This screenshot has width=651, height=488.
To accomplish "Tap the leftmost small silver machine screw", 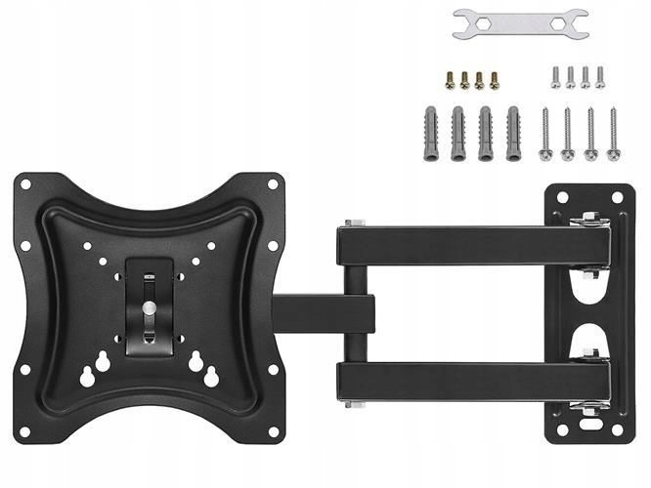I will [x=555, y=77].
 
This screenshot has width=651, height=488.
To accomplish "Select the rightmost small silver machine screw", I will [x=600, y=77].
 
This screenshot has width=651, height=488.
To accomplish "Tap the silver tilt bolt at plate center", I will [x=149, y=306].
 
